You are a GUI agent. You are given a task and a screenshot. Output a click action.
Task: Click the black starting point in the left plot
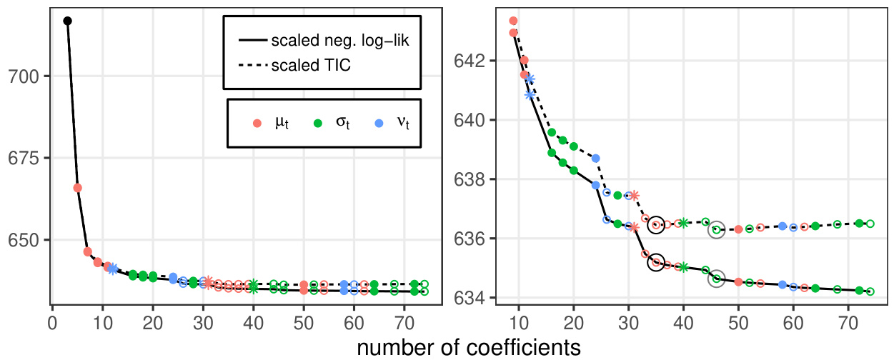click(x=68, y=21)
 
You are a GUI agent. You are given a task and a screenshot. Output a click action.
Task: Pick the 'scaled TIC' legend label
click(x=312, y=66)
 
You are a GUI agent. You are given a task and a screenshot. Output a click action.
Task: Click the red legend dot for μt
click(x=258, y=123)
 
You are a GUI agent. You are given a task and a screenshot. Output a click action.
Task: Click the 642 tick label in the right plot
click(x=468, y=61)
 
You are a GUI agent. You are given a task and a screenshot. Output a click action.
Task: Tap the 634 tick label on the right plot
click(x=468, y=297)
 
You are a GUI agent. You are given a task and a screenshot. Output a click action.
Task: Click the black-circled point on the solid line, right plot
click(x=656, y=262)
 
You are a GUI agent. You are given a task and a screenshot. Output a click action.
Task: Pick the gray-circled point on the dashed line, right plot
click(x=716, y=229)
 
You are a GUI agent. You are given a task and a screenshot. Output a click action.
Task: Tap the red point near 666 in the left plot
click(x=78, y=188)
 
